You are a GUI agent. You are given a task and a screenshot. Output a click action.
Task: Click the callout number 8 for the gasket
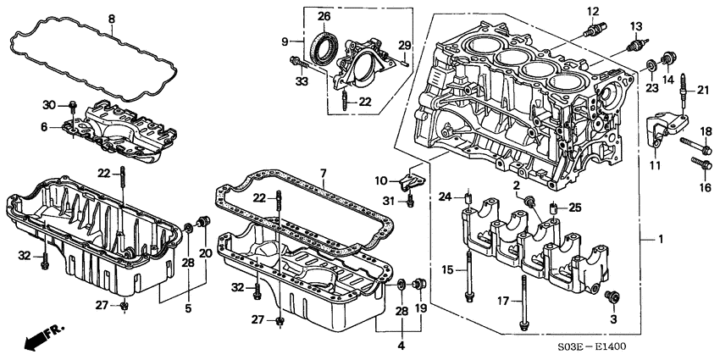click(111, 18)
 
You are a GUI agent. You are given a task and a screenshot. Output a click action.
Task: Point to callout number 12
click(593, 11)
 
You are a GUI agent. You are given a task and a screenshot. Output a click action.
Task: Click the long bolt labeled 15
click(467, 280)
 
